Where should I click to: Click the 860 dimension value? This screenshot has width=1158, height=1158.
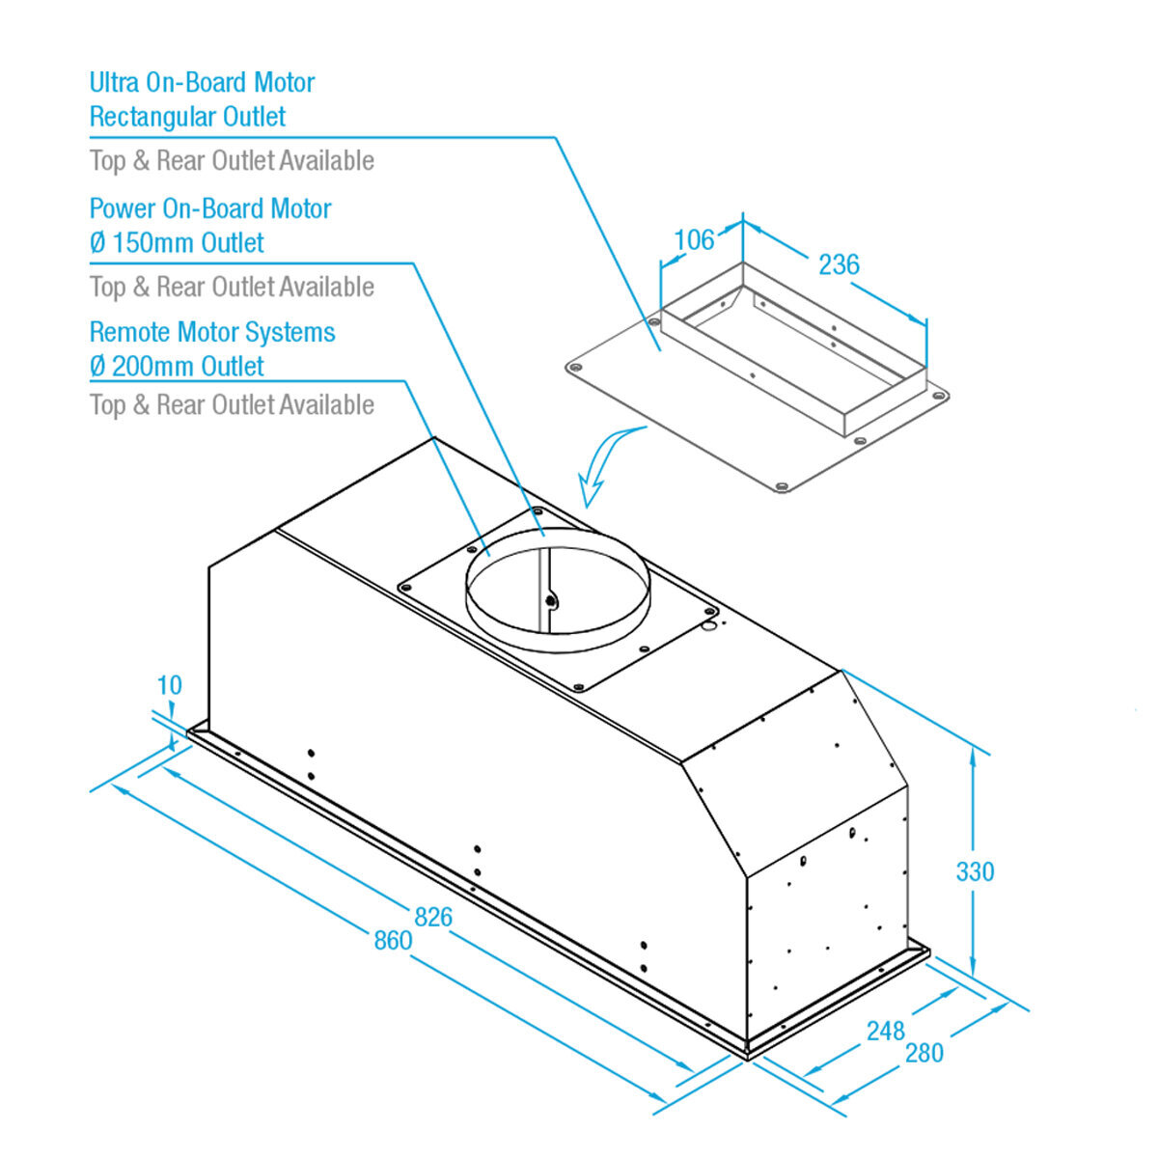coord(393,940)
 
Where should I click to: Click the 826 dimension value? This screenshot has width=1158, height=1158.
coord(433,917)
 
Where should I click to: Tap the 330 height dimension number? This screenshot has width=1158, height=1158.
coord(975,872)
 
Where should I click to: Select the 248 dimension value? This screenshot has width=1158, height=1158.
coord(885,1031)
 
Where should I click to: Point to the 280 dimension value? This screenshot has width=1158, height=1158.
coord(924,1053)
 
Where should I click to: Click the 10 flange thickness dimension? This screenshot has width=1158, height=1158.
coord(169,686)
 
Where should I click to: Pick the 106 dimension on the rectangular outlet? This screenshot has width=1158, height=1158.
coord(694,239)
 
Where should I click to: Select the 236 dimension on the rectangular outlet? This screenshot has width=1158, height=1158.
coord(839,264)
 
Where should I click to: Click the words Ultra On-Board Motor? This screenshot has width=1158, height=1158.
coord(202,83)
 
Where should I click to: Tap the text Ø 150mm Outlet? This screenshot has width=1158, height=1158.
coord(177,243)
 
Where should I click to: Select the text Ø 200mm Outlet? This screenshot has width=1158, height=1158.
coord(177,367)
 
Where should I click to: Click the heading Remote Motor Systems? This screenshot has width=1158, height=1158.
coord(212,333)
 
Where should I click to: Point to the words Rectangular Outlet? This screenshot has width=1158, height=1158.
coord(187,118)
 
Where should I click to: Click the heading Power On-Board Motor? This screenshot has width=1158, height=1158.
coord(210,208)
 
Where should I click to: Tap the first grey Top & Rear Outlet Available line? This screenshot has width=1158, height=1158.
coord(232,161)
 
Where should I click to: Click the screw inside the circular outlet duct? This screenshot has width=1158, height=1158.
coord(550,600)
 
